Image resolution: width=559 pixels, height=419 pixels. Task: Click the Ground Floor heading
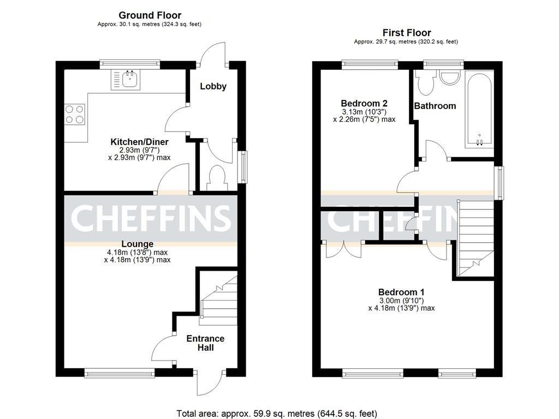[150, 15]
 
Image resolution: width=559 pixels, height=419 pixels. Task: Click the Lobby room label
[213, 86]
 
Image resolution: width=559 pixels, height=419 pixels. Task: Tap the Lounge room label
[137, 244]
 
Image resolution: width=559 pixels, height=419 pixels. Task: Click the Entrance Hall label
[205, 343]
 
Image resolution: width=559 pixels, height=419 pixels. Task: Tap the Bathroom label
[435, 106]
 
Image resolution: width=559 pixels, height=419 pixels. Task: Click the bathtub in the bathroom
[479, 109]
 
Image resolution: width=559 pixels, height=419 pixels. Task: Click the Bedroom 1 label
[401, 292]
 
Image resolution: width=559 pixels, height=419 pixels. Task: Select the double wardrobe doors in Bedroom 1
[344, 249]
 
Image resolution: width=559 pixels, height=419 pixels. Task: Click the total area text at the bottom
[277, 414]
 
